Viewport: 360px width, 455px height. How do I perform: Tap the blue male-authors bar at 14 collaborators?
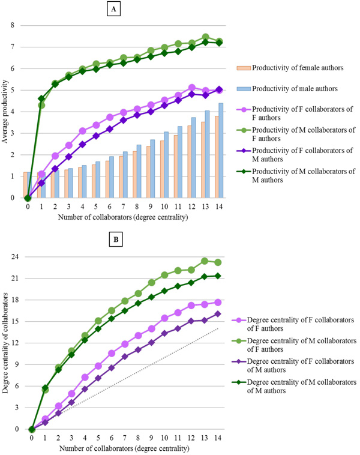coord(220,151)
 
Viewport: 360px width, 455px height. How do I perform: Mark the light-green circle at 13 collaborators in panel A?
coord(205,37)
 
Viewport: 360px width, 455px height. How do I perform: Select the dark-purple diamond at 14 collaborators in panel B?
coord(218,314)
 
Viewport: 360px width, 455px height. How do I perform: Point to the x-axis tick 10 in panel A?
coord(164,206)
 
